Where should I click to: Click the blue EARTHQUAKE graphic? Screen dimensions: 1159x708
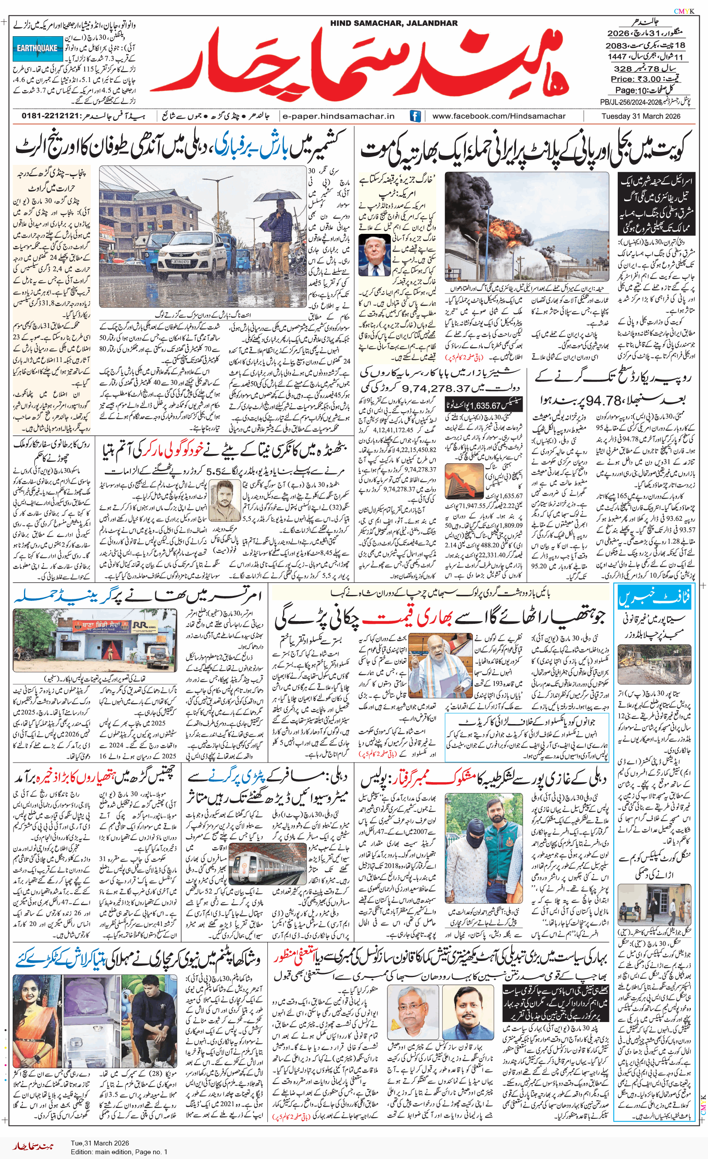click(38, 48)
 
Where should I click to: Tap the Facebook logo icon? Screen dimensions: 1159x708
click(415, 116)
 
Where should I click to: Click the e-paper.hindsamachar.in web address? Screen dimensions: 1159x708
click(338, 116)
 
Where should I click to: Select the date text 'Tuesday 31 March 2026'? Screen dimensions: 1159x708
click(640, 116)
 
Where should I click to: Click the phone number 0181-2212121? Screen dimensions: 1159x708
click(51, 116)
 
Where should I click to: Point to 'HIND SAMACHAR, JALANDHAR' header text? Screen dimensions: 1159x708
click(394, 23)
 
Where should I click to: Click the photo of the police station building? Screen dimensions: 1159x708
click(95, 640)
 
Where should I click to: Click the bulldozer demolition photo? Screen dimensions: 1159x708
click(654, 664)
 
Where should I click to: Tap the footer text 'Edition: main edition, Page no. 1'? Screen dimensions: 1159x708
click(119, 1152)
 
